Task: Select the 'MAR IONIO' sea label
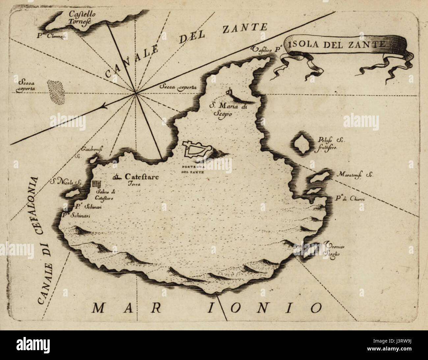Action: (206, 308)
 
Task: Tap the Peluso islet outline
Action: (301, 144)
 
